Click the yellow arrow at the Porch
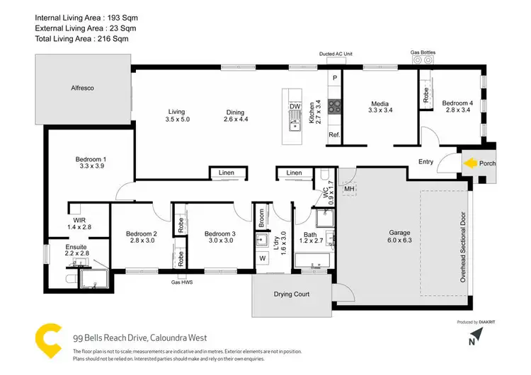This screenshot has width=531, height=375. (469, 163)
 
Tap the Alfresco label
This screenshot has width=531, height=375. (82, 88)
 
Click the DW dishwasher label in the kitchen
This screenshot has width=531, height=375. (295, 108)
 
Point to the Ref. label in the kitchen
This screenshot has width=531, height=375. (332, 134)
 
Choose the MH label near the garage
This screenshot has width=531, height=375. (348, 189)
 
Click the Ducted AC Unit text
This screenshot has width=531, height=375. (336, 54)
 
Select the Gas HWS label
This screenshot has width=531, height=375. (182, 282)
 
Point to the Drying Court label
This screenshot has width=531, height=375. (292, 294)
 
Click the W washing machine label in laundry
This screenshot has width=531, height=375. (262, 258)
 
